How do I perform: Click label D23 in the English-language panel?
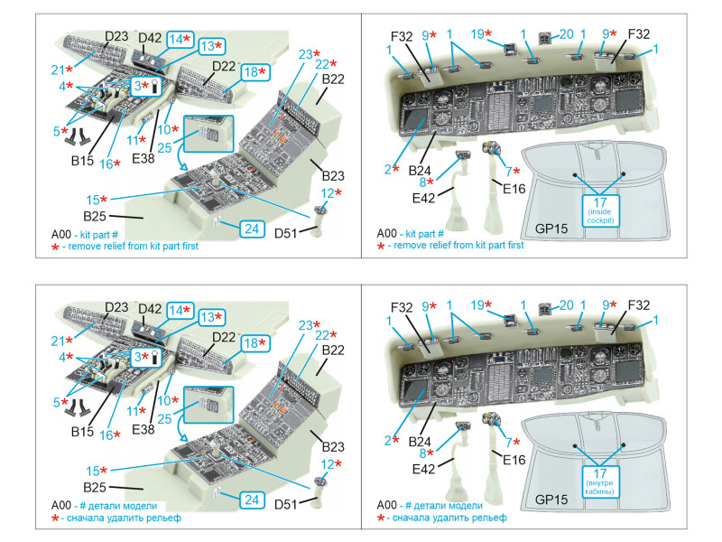[x=116, y=37]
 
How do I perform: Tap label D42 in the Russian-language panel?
[x=151, y=309]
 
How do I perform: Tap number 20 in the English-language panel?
[x=565, y=35]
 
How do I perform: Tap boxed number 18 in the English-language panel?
[x=254, y=70]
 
